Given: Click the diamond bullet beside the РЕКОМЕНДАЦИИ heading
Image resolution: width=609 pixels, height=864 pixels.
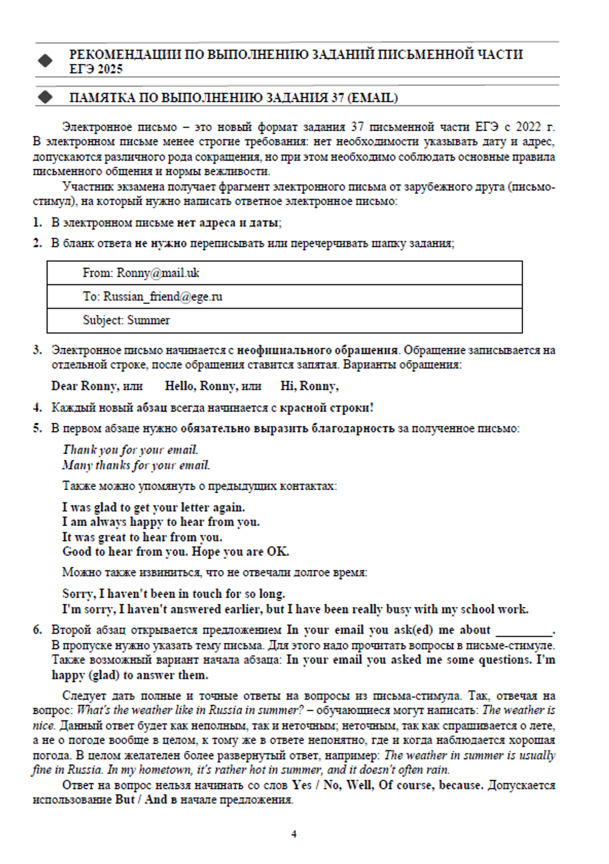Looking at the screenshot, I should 45,61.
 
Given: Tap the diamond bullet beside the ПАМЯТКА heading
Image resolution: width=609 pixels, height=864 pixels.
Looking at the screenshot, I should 45,97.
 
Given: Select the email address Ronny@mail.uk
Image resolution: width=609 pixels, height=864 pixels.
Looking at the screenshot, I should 158,273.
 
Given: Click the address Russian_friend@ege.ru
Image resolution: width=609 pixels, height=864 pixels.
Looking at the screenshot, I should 163,297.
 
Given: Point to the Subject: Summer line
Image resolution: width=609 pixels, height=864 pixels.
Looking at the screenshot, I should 126,320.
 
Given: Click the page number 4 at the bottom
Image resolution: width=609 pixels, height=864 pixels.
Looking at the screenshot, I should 294,834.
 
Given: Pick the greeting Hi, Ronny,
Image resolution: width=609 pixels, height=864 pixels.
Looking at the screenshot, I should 309,386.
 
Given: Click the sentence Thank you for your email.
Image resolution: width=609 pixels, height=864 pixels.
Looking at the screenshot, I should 130,450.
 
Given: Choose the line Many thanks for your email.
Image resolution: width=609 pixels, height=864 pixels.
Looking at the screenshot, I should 136,465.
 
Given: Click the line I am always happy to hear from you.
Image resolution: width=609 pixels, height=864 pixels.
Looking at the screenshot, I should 161,522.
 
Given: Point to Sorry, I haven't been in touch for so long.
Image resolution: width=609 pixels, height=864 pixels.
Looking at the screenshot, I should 174,594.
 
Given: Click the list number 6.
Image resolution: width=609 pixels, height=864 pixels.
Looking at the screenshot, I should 38,630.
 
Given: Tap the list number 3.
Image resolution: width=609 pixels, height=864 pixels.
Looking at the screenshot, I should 38,350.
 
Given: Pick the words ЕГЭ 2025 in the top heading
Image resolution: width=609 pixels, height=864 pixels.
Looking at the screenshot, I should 96,69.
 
